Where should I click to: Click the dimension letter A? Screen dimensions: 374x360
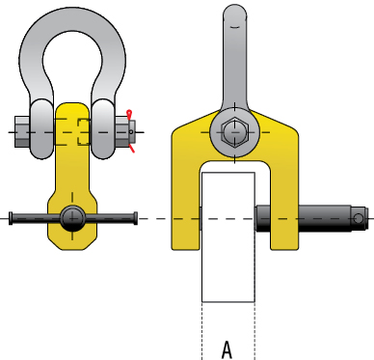(x=227, y=349)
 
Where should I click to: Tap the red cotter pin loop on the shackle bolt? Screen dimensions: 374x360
(x=129, y=114)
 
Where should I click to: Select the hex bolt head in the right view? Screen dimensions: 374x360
(x=234, y=132)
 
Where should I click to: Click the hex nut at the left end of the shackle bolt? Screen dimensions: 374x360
(x=22, y=132)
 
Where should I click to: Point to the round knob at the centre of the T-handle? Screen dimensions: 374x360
(x=72, y=218)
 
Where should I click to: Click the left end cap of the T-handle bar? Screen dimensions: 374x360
(x=11, y=218)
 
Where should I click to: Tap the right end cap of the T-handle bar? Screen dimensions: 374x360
(x=135, y=218)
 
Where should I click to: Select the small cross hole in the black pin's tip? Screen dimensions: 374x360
(x=359, y=219)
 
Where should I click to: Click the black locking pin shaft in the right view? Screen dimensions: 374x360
(x=311, y=219)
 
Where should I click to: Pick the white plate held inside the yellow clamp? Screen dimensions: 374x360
(x=228, y=237)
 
